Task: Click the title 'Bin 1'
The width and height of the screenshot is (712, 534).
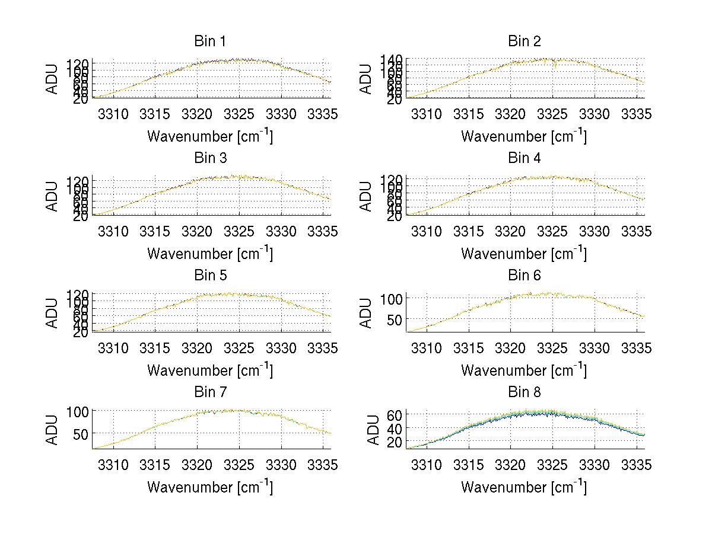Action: pyautogui.click(x=210, y=41)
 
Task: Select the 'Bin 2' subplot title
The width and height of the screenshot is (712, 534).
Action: pyautogui.click(x=525, y=41)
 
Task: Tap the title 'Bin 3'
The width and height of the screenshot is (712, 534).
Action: pyautogui.click(x=210, y=158)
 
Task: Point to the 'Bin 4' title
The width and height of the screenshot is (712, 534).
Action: pyautogui.click(x=525, y=158)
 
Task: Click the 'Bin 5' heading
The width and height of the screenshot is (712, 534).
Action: pyautogui.click(x=210, y=276)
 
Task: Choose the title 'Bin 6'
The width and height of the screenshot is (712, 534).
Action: pyautogui.click(x=525, y=276)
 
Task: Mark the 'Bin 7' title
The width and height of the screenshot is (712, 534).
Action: pyautogui.click(x=210, y=392)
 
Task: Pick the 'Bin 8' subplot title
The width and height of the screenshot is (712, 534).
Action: pyautogui.click(x=525, y=392)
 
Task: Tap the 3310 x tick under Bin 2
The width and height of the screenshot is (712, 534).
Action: pyautogui.click(x=427, y=114)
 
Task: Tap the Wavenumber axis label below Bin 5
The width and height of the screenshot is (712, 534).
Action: pyautogui.click(x=210, y=370)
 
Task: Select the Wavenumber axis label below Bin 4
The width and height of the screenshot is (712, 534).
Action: pyautogui.click(x=524, y=253)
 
